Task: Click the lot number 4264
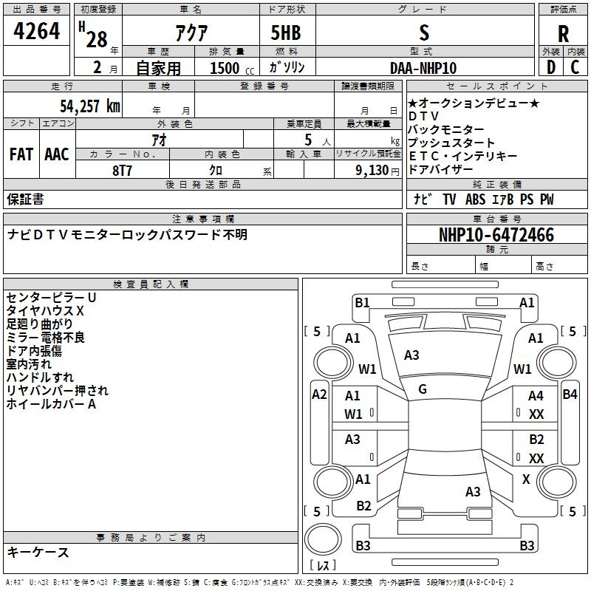[36, 31]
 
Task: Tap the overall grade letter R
[563, 34]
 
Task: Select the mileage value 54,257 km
[90, 106]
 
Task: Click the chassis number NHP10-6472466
[496, 235]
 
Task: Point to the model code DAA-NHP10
[423, 68]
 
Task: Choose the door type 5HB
[286, 33]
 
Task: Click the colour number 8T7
[122, 171]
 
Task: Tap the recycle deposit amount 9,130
[372, 171]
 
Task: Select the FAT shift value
[21, 154]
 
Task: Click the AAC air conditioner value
[57, 154]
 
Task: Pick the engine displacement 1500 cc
[232, 68]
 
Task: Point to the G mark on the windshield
[423, 389]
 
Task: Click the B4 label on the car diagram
[570, 394]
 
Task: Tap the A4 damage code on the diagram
[536, 396]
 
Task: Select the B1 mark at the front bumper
[362, 303]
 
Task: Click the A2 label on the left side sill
[319, 394]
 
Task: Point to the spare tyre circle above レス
[323, 539]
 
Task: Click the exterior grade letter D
[551, 67]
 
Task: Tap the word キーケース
[38, 553]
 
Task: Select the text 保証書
[25, 199]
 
